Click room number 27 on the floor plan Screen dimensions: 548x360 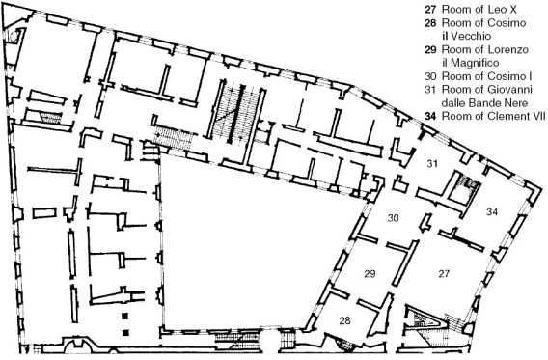pos(444,274)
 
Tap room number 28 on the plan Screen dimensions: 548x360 pos(345,320)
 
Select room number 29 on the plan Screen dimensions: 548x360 pos(370,274)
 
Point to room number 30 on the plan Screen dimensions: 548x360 pos(394,218)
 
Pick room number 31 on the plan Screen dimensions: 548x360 pos(432,163)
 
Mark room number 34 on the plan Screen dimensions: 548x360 pos(492,211)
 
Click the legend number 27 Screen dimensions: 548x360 pos(430,10)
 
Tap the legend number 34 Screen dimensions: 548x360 pos(430,116)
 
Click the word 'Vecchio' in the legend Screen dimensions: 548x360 pos(471,36)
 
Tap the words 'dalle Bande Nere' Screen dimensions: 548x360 pos(484,102)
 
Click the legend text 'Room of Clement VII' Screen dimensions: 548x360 pos(493,116)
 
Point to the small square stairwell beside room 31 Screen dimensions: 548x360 pos(464,189)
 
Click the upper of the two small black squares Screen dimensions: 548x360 pos(125,317)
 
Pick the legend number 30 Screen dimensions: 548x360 pos(430,76)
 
